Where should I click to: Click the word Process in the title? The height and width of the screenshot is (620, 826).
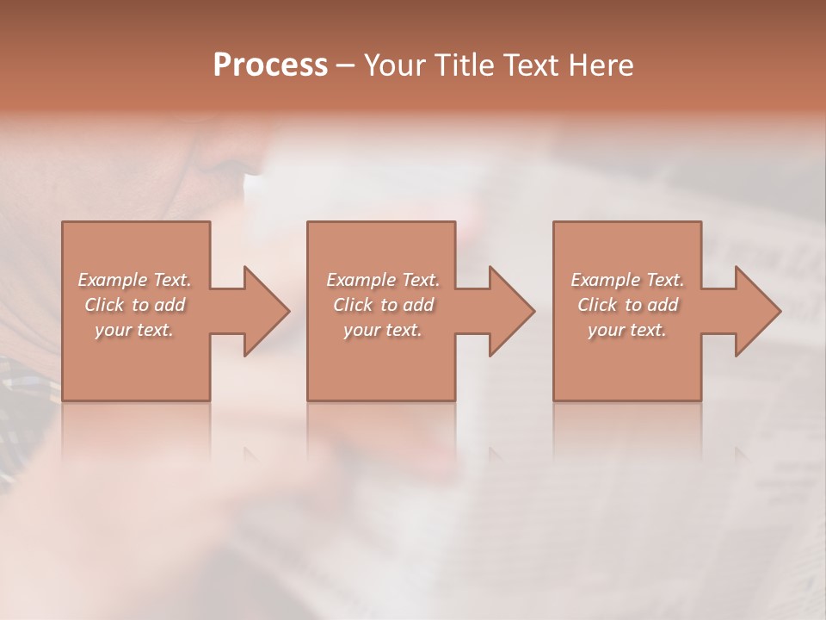270,65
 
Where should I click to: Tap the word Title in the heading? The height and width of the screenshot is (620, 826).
471,65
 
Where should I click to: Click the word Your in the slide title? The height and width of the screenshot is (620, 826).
398,65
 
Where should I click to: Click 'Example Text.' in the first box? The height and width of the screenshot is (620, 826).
134,280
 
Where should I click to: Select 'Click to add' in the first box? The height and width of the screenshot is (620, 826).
134,305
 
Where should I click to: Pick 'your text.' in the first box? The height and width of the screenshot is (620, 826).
134,330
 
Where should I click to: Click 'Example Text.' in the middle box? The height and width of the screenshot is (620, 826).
382,280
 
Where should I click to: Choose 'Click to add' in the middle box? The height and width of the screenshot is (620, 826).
382,305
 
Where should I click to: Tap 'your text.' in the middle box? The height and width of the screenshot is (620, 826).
382,330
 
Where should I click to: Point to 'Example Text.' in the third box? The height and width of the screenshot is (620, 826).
627,280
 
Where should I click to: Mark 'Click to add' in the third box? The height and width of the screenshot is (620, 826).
627,305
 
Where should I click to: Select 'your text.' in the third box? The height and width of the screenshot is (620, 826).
627,330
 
